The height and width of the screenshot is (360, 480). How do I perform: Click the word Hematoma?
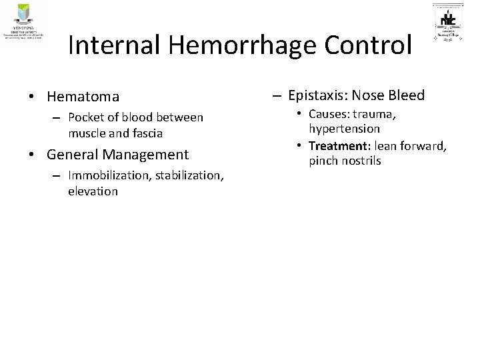(79, 97)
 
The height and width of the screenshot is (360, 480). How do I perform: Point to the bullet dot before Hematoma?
(31, 97)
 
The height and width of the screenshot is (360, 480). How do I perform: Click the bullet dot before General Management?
(31, 155)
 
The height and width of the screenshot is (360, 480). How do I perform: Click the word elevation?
(93, 191)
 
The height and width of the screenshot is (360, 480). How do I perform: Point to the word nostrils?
(359, 161)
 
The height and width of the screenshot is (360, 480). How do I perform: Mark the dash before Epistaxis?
(277, 95)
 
